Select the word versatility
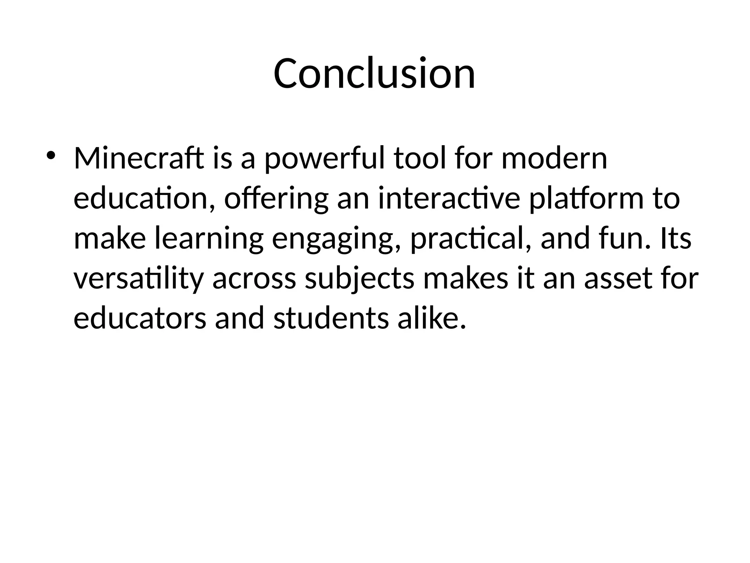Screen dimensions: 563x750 (x=138, y=279)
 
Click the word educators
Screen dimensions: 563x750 (x=140, y=319)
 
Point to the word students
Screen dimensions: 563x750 (x=331, y=319)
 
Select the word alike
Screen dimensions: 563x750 (x=432, y=319)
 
